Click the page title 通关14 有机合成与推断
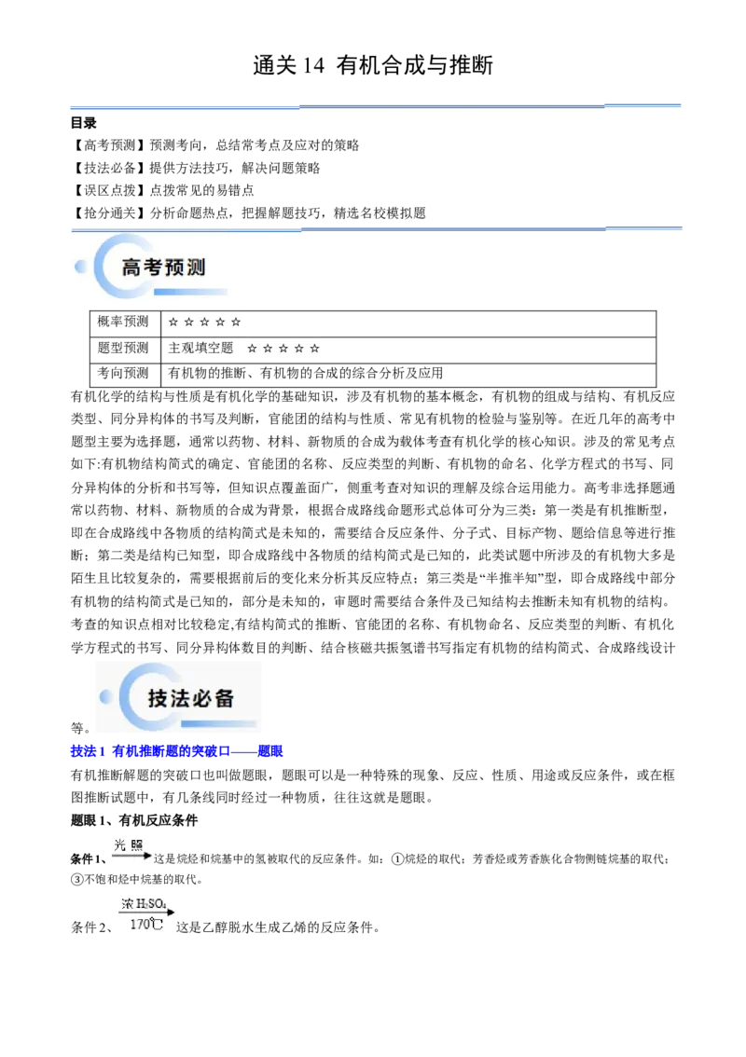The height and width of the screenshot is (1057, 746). pyautogui.click(x=373, y=65)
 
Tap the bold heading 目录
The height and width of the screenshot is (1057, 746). pyautogui.click(x=84, y=123)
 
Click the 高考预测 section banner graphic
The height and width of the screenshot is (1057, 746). pyautogui.click(x=151, y=267)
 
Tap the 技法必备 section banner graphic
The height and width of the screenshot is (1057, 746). pyautogui.click(x=179, y=697)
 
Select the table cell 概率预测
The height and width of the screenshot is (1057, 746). pyautogui.click(x=123, y=322)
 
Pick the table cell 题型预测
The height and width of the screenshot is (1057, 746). pyautogui.click(x=123, y=348)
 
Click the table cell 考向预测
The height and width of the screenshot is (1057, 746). pyautogui.click(x=123, y=373)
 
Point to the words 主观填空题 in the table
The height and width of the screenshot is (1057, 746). pyautogui.click(x=200, y=348)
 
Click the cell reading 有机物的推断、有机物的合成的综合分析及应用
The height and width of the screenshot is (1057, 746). pyautogui.click(x=306, y=373)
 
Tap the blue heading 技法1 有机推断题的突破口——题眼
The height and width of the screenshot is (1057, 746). pyautogui.click(x=177, y=751)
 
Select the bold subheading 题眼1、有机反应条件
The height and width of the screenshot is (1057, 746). pyautogui.click(x=134, y=820)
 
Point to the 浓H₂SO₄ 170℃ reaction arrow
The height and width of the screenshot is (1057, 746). pyautogui.click(x=146, y=913)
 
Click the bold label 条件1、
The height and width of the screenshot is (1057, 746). pyautogui.click(x=89, y=858)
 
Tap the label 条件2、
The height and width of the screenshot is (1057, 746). pyautogui.click(x=91, y=927)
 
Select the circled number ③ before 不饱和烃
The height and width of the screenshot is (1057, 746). pyautogui.click(x=76, y=879)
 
